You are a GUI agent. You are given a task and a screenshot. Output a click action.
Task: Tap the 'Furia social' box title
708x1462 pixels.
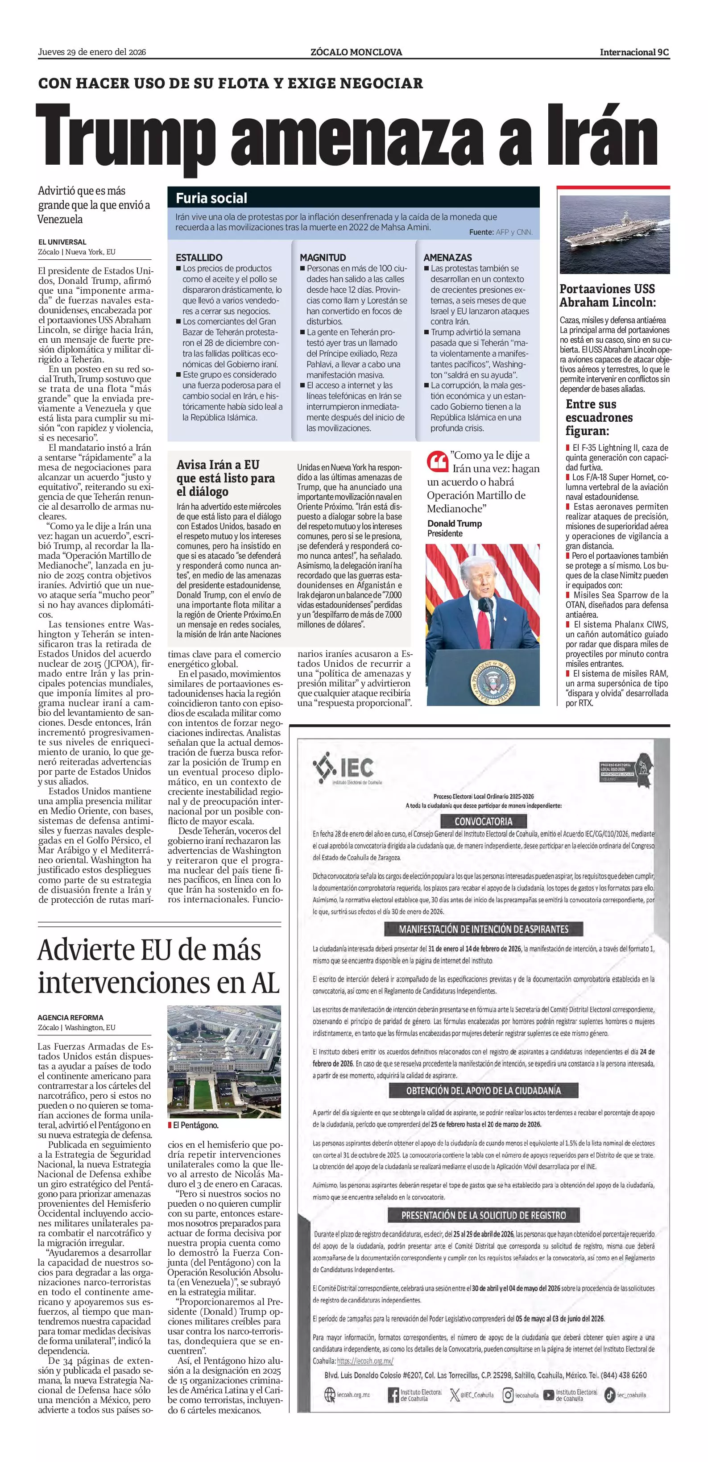(x=211, y=198)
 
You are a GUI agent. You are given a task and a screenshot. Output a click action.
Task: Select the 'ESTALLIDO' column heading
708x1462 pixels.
(x=199, y=257)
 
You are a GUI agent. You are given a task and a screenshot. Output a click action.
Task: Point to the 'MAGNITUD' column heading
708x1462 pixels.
(x=322, y=257)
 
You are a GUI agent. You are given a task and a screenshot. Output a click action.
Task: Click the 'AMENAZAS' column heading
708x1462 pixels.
(x=447, y=257)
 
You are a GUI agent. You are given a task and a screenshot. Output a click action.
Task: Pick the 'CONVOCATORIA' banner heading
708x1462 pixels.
(x=483, y=821)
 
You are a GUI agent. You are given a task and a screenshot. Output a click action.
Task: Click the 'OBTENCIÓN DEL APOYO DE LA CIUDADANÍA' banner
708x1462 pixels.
(x=483, y=1090)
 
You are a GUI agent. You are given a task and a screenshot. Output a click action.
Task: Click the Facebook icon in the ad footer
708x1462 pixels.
(x=393, y=1395)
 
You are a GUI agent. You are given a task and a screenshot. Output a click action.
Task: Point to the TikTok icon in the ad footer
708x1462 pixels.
(x=609, y=1395)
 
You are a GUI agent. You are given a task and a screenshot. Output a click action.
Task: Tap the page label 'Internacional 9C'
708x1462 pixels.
(x=634, y=52)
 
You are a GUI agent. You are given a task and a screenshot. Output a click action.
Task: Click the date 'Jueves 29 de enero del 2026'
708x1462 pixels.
(x=92, y=52)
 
